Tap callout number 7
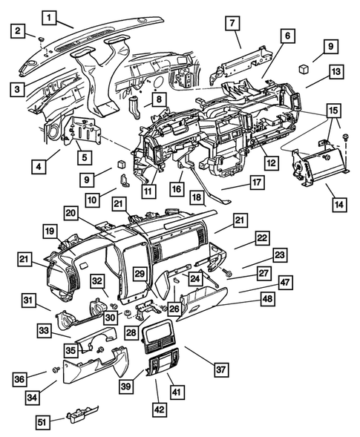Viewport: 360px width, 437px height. [x=233, y=24]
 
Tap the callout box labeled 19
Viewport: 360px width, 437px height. [x=50, y=231]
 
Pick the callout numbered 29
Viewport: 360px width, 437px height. [x=140, y=274]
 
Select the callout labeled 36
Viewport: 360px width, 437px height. [x=20, y=378]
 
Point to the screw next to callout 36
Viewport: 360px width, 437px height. [x=55, y=369]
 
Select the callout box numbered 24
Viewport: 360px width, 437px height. [x=194, y=279]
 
